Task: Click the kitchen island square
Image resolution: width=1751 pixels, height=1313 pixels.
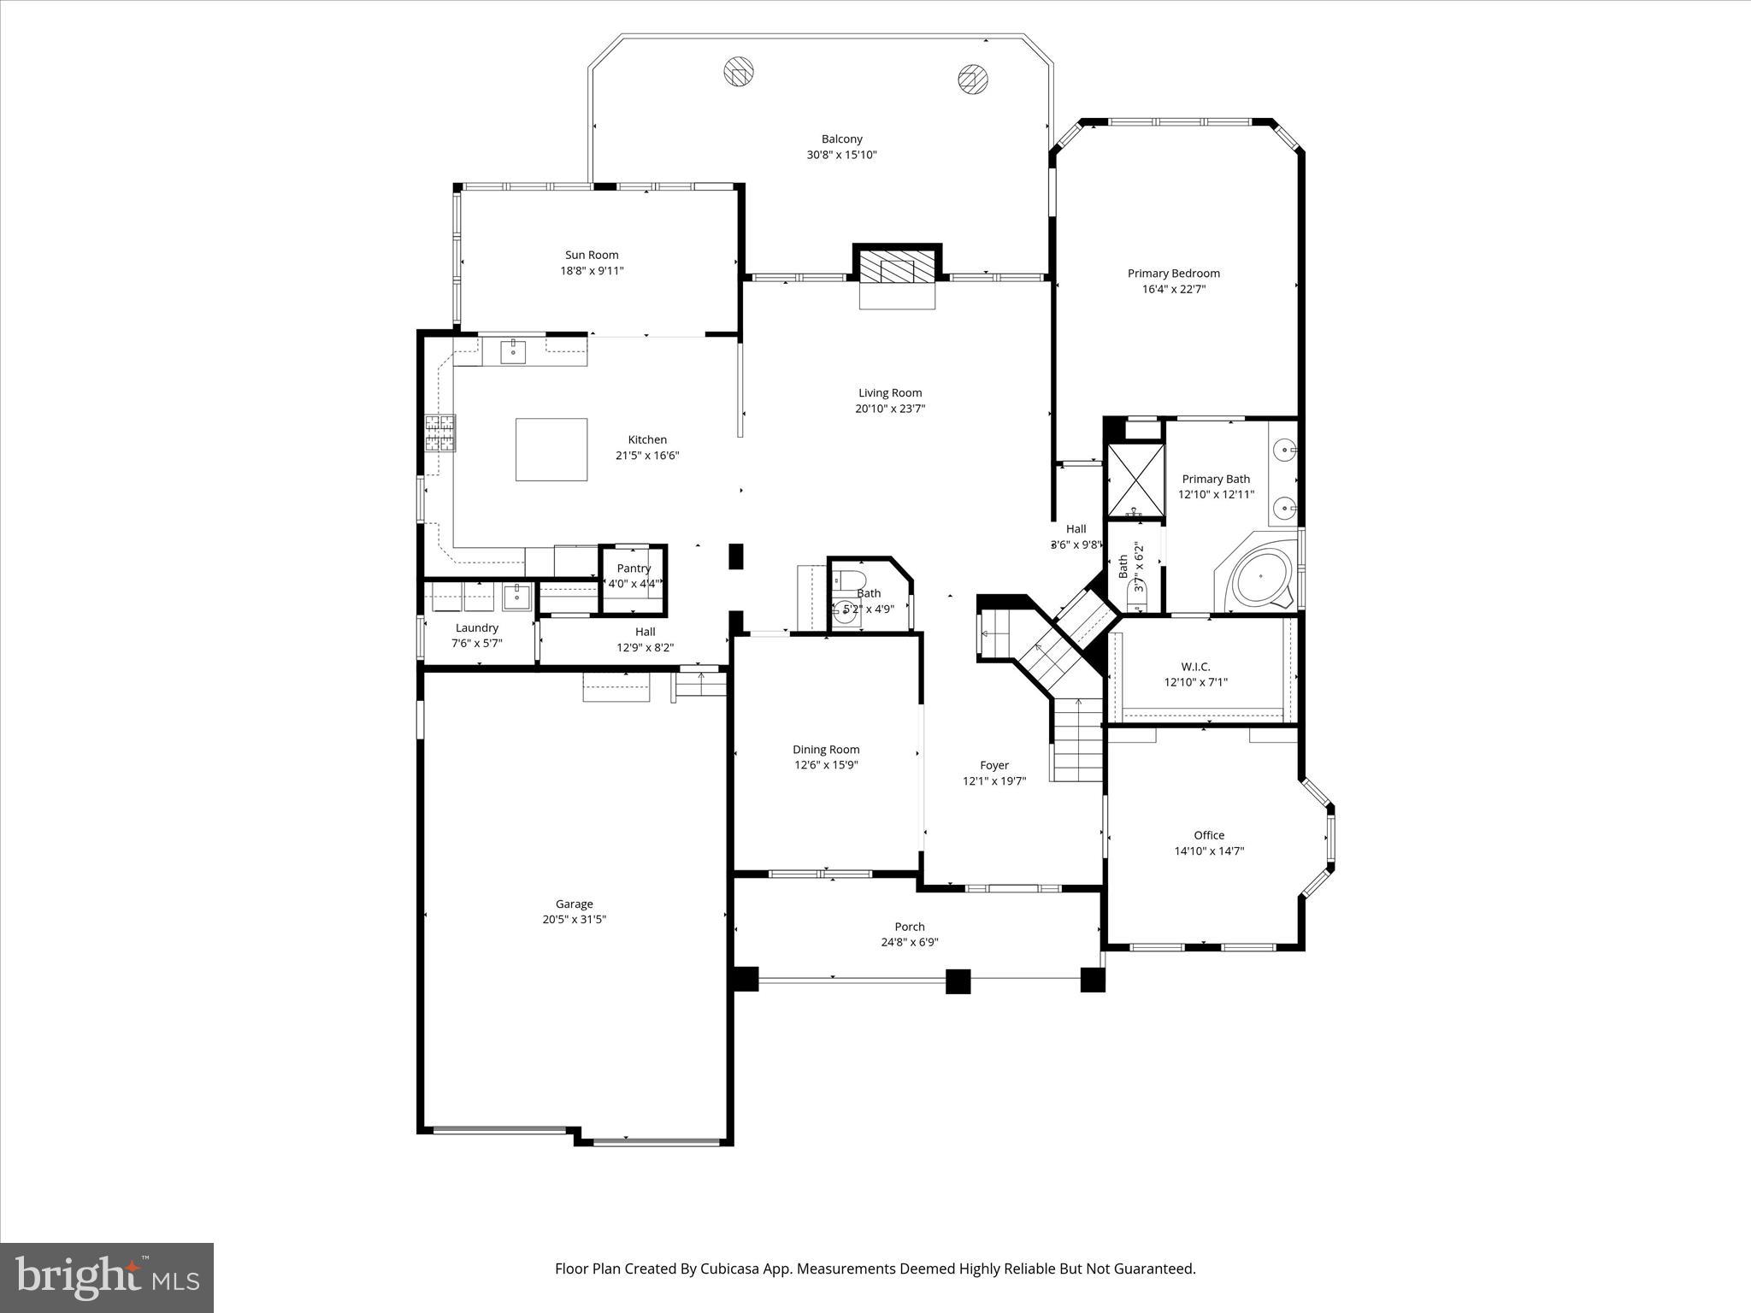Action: pyautogui.click(x=551, y=450)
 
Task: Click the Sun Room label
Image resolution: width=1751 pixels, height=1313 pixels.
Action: pyautogui.click(x=592, y=255)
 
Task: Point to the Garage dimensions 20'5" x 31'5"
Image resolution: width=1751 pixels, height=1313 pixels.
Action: pyautogui.click(x=575, y=920)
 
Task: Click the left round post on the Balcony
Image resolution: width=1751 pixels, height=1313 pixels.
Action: pyautogui.click(x=740, y=73)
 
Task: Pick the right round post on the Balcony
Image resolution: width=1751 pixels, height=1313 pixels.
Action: pyautogui.click(x=972, y=79)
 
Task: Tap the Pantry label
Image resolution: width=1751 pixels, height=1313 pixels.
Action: pyautogui.click(x=634, y=568)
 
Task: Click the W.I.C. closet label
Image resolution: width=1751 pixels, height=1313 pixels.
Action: pyautogui.click(x=1195, y=667)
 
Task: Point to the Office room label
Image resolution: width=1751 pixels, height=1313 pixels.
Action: pyautogui.click(x=1209, y=835)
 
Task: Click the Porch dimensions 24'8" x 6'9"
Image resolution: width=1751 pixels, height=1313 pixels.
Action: pyautogui.click(x=910, y=942)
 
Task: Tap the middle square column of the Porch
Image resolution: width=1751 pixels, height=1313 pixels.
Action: pyautogui.click(x=958, y=980)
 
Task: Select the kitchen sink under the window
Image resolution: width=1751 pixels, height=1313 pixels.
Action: pyautogui.click(x=513, y=350)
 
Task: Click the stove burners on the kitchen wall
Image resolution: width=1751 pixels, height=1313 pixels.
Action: pyautogui.click(x=440, y=433)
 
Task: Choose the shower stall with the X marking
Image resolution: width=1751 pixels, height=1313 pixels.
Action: pyautogui.click(x=1135, y=482)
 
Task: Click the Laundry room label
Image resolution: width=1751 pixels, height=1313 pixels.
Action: pyautogui.click(x=476, y=628)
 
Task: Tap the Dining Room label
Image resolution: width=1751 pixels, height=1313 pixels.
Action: pyautogui.click(x=826, y=750)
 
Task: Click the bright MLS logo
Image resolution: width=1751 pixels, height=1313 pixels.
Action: pyautogui.click(x=107, y=1277)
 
